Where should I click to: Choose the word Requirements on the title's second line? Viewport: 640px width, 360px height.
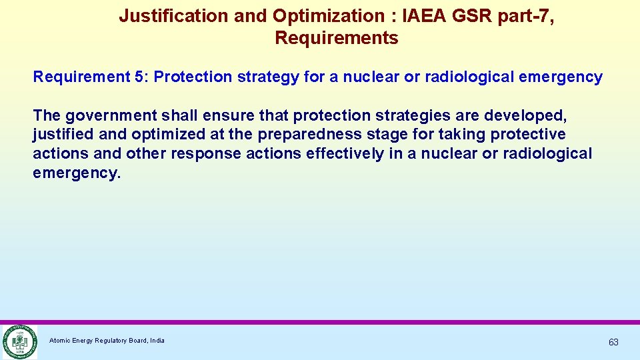point(336,39)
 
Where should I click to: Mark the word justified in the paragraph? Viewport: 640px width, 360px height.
point(63,135)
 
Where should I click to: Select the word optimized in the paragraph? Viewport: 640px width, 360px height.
point(165,135)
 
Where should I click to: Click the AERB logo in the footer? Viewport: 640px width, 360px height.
point(19,341)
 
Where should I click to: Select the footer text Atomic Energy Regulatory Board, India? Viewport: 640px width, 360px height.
point(107,341)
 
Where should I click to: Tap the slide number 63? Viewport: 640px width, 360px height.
point(613,342)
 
